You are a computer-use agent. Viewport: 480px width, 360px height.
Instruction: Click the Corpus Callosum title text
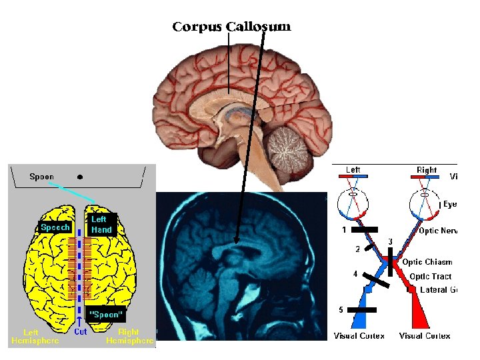(x=231, y=27)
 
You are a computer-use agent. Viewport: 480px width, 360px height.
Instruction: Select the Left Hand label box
(x=101, y=224)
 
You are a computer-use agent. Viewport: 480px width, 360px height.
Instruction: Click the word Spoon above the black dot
(x=42, y=177)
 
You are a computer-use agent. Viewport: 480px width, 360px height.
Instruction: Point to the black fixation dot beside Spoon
(x=80, y=177)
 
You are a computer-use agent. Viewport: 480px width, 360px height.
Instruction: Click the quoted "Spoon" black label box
(x=107, y=314)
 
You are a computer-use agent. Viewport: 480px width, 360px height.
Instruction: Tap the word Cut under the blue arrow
(x=81, y=331)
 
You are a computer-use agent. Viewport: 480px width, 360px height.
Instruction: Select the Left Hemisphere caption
(x=35, y=336)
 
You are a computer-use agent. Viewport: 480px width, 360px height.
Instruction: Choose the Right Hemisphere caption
(x=129, y=336)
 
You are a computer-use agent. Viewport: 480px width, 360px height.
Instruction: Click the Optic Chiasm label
(x=427, y=262)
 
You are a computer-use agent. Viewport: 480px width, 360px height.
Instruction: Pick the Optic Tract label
(x=430, y=276)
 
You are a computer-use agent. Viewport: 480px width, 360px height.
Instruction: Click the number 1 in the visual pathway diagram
(x=344, y=230)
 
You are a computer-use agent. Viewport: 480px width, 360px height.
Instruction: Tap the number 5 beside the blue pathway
(x=341, y=310)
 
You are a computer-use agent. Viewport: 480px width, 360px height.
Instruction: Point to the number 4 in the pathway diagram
(x=355, y=274)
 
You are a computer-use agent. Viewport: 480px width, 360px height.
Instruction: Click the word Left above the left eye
(x=353, y=170)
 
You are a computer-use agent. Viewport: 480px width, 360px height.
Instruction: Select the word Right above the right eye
(x=427, y=170)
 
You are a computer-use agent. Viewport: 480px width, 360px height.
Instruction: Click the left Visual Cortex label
(x=359, y=336)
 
